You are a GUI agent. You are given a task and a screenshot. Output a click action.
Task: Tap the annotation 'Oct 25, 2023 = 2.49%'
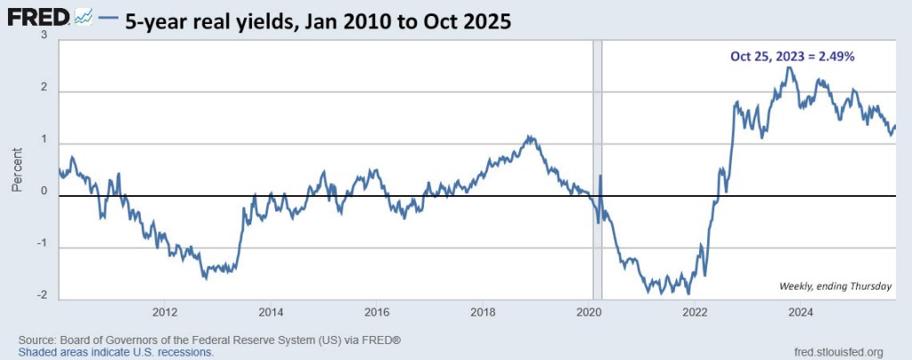coord(793,56)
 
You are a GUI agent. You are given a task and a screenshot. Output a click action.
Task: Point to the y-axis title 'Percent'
coord(17,169)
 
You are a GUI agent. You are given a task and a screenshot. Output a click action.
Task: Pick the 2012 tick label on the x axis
coord(165,312)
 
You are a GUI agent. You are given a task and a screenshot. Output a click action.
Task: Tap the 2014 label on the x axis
coord(271,312)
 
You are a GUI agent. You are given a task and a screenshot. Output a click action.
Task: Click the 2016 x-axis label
coord(378,312)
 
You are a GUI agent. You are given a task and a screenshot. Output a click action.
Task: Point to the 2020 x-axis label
coord(590,312)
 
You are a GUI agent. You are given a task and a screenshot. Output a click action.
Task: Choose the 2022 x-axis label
coord(696,312)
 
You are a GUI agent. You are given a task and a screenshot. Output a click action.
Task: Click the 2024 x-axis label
coord(802,312)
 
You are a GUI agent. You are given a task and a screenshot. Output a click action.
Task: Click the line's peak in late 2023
coord(787,68)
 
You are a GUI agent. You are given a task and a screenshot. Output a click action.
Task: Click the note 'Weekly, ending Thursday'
coord(835,285)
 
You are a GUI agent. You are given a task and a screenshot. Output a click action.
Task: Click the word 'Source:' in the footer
coord(37,340)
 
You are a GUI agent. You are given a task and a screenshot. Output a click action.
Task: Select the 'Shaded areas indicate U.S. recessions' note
coord(116,352)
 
